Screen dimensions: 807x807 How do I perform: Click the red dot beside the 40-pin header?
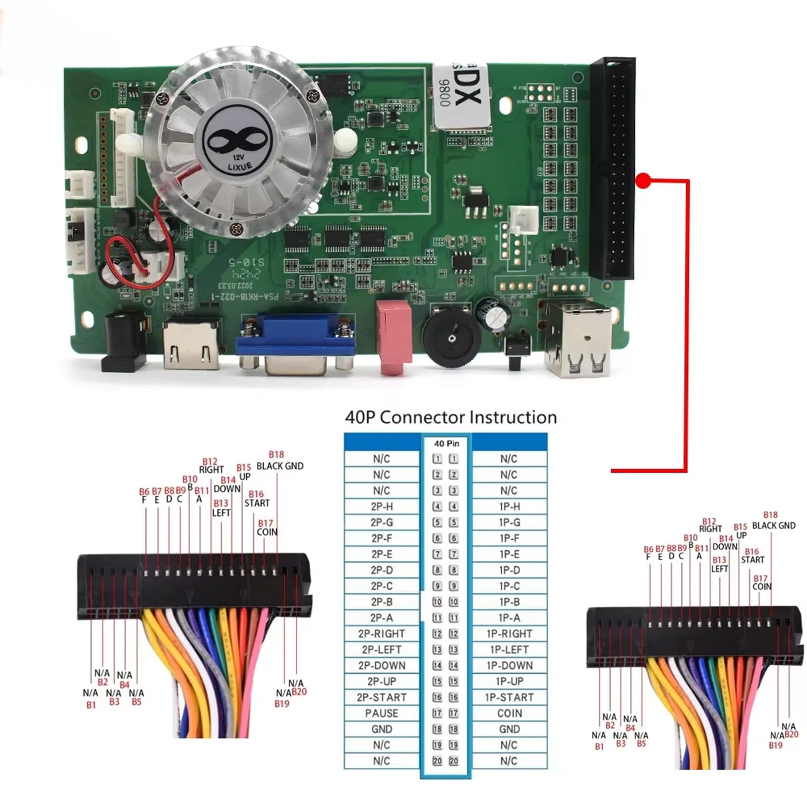coord(643,181)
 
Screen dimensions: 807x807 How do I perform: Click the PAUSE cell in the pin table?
coord(382,713)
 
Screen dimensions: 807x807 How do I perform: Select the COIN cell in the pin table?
coord(509,713)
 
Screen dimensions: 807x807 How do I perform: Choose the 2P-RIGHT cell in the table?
coord(382,634)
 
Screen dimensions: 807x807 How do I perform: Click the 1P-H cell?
coord(509,506)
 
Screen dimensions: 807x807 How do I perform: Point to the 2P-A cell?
coord(382,618)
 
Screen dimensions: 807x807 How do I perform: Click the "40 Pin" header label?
coord(446,443)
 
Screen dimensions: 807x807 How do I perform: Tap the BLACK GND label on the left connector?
coord(280,466)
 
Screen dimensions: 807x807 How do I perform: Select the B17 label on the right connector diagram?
coord(760,579)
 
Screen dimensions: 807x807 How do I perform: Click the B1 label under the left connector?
coord(91,705)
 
